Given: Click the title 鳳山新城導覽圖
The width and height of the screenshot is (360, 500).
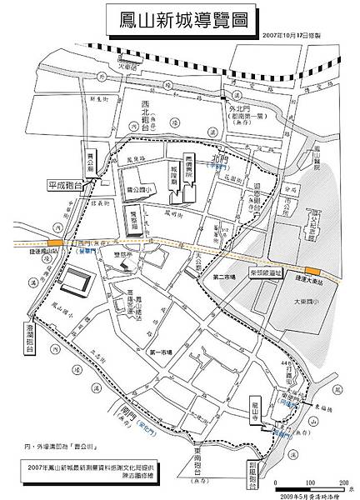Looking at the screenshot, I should pos(179,20).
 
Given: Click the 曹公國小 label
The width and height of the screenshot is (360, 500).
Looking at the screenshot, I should pos(139,190).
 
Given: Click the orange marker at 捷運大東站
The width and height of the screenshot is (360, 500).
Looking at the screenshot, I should pos(314,269).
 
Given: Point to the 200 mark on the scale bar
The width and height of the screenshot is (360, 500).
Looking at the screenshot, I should pos(342,483).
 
